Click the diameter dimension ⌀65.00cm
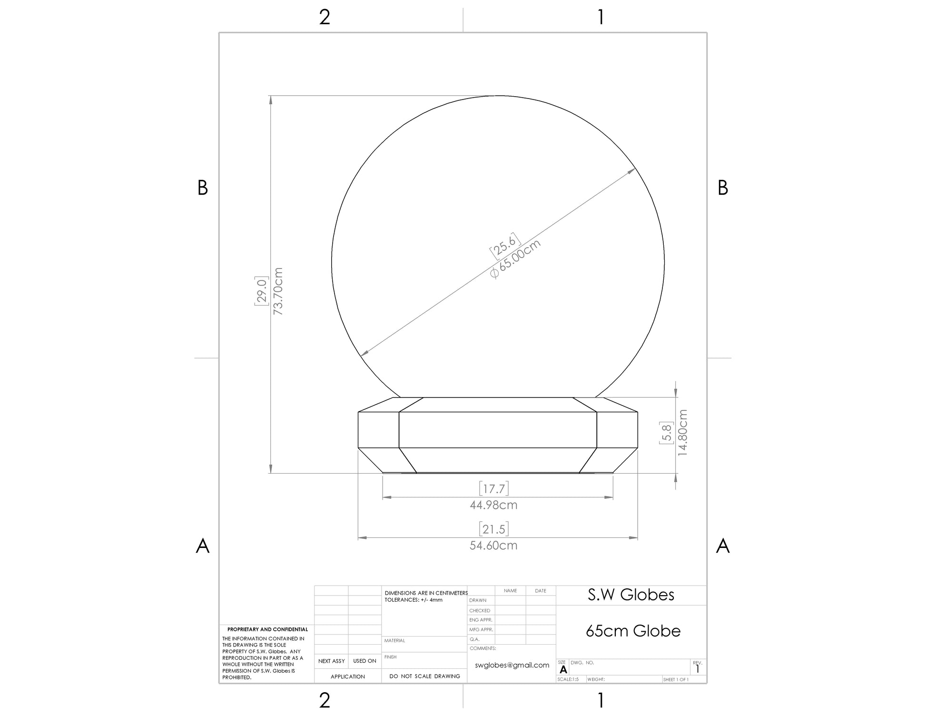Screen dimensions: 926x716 pyautogui.click(x=516, y=259)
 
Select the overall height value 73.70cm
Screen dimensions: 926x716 pyautogui.click(x=278, y=291)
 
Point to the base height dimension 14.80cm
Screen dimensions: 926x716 pyautogui.click(x=683, y=432)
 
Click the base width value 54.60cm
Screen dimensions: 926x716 pyautogui.click(x=493, y=546)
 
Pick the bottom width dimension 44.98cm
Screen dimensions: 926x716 pyautogui.click(x=493, y=505)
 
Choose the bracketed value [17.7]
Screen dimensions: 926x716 pyautogui.click(x=494, y=488)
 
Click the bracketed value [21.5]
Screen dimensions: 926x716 pyautogui.click(x=494, y=528)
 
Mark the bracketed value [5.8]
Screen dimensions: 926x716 pyautogui.click(x=666, y=433)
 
